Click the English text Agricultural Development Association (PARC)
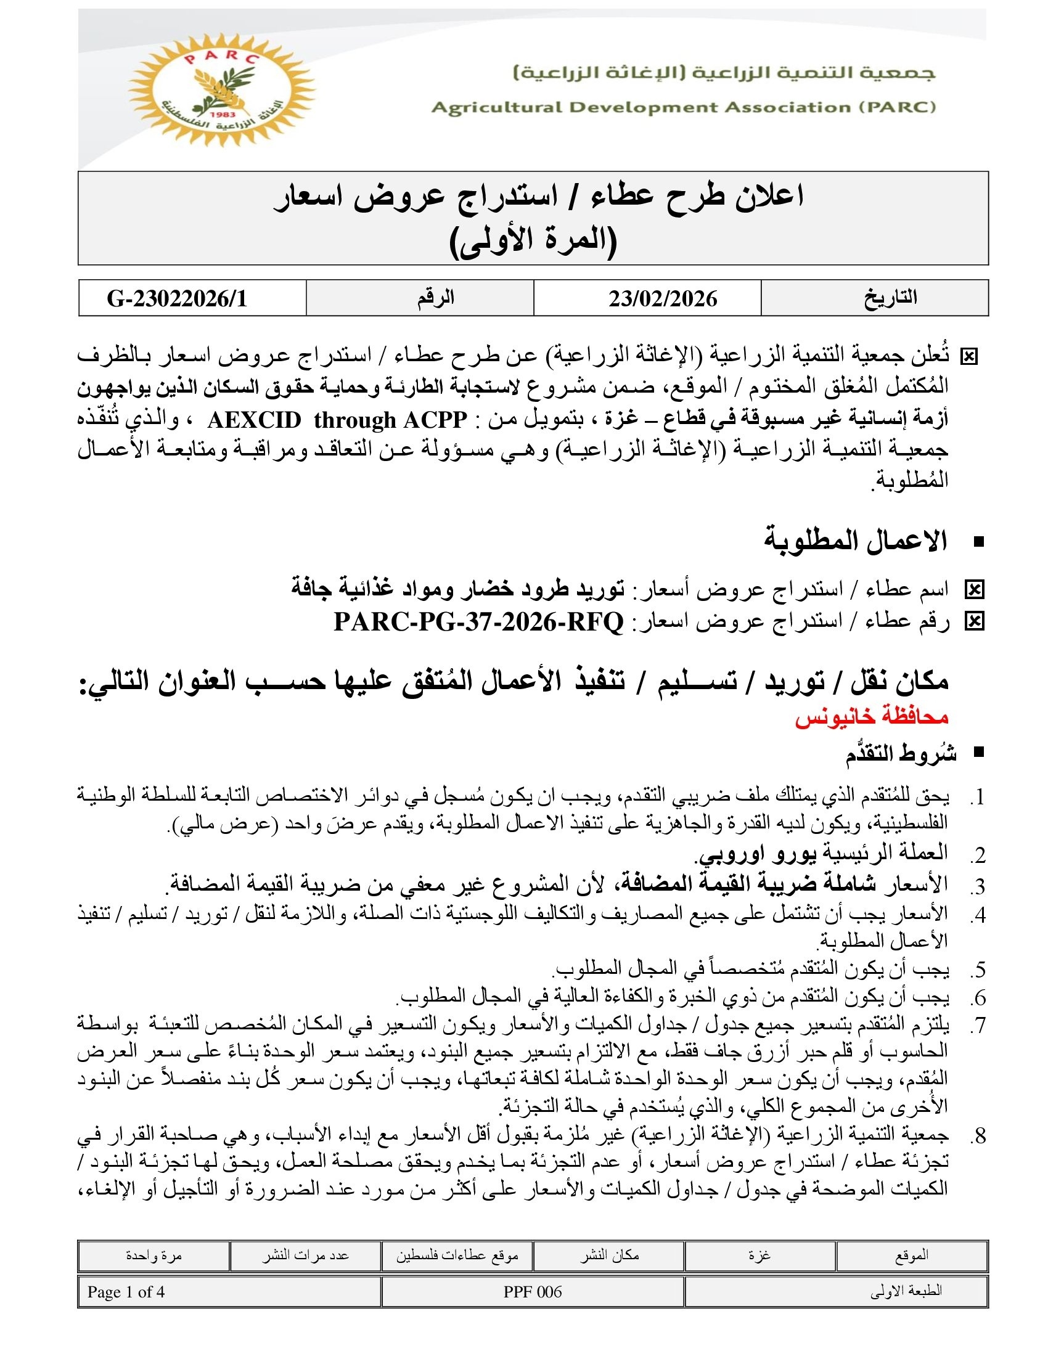point(684,107)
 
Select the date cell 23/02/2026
point(663,299)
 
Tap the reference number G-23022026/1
point(178,299)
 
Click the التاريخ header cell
point(890,298)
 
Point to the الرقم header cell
point(435,298)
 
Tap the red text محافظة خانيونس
point(872,717)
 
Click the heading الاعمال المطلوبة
point(855,541)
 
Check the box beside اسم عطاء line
point(974,590)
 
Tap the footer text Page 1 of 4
point(126,1292)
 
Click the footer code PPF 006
point(533,1292)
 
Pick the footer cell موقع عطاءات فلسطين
point(457,1256)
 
